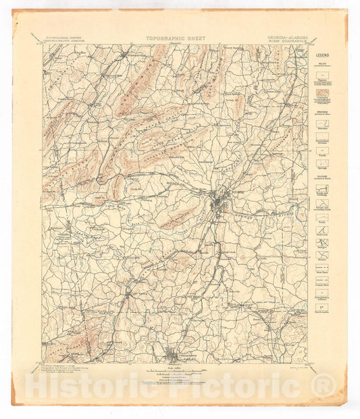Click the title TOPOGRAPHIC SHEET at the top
(x=176, y=38)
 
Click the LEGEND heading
(x=323, y=54)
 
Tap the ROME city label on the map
(x=237, y=192)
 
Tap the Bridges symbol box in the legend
(x=323, y=244)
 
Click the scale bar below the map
(x=175, y=368)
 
